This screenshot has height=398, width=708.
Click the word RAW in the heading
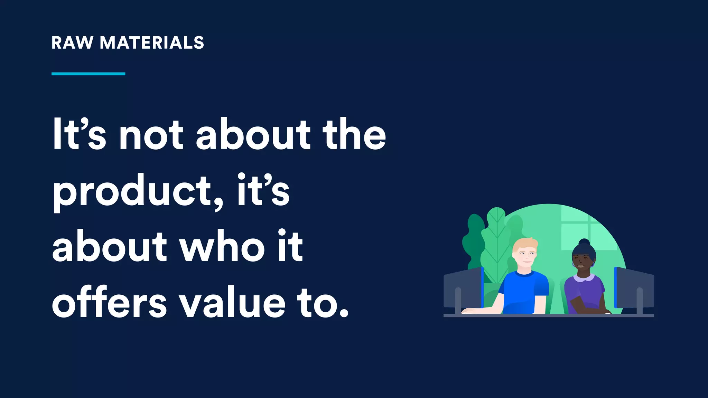pyautogui.click(x=72, y=43)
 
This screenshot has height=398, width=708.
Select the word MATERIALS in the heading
pyautogui.click(x=152, y=43)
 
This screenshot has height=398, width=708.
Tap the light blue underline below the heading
pyautogui.click(x=88, y=74)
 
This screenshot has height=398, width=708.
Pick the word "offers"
pyautogui.click(x=109, y=303)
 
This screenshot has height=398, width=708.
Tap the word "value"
pyautogui.click(x=234, y=303)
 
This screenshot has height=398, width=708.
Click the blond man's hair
pyautogui.click(x=523, y=244)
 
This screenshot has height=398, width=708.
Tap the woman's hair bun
pyautogui.click(x=584, y=242)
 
